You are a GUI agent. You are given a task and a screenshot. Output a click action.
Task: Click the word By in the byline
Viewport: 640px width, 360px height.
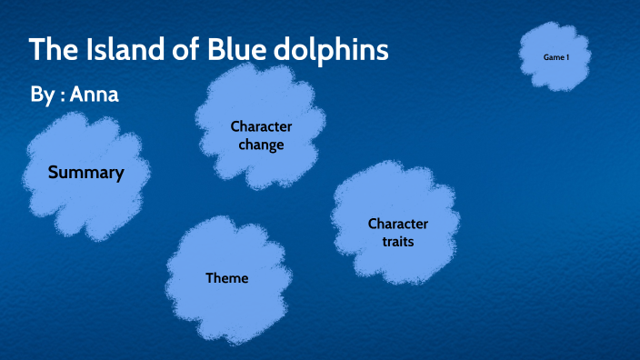[x=42, y=94]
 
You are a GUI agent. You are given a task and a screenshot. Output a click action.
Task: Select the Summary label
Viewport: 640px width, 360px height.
[x=85, y=172]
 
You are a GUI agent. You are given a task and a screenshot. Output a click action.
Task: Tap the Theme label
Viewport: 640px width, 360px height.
[x=226, y=278]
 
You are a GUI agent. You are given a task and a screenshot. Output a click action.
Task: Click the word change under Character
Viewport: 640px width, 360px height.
[x=261, y=144]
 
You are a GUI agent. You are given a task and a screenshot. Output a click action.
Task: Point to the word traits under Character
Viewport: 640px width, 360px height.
[x=397, y=242]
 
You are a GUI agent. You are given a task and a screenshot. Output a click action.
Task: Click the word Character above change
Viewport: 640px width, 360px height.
[x=261, y=126]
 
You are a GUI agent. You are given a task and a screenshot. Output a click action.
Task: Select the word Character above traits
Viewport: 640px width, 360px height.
[x=397, y=224]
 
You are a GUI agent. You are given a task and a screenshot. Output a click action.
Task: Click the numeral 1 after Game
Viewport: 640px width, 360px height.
[x=567, y=57]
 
